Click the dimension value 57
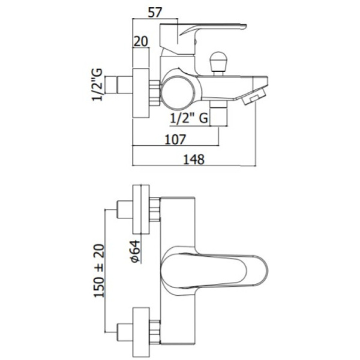(155, 13)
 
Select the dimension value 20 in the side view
(141, 41)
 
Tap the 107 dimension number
(175, 140)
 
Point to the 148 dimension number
(194, 160)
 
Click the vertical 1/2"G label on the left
(97, 85)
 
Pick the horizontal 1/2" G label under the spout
(189, 118)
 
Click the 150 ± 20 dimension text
(99, 271)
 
